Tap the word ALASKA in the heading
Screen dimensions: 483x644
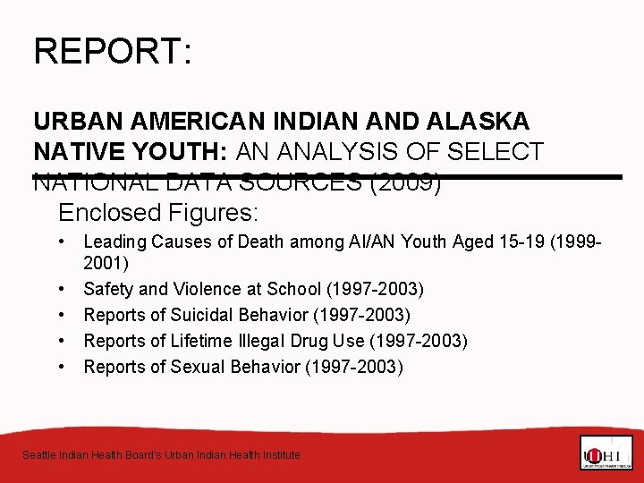[x=479, y=120]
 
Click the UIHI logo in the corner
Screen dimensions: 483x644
[x=606, y=452]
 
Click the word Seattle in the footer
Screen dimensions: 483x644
[x=38, y=455]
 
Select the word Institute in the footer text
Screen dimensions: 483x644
[x=278, y=455]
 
